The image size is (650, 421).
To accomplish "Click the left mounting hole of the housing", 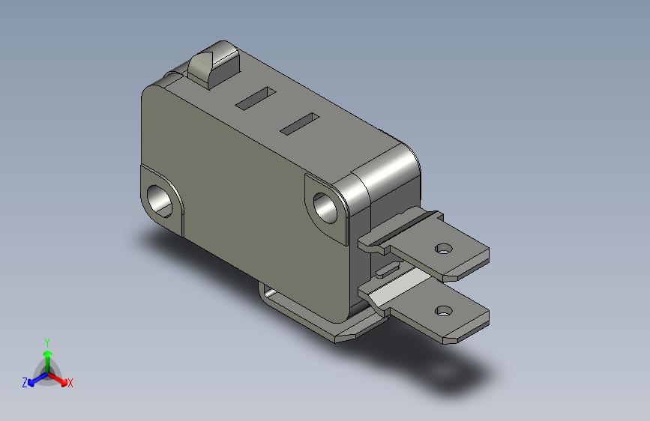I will (x=161, y=199).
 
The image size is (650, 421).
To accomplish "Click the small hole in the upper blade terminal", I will (x=445, y=248).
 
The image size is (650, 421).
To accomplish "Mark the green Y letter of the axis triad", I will (x=46, y=341).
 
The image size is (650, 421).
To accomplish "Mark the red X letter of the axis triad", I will (x=70, y=383).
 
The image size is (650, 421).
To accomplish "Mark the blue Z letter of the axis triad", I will (x=25, y=382).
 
